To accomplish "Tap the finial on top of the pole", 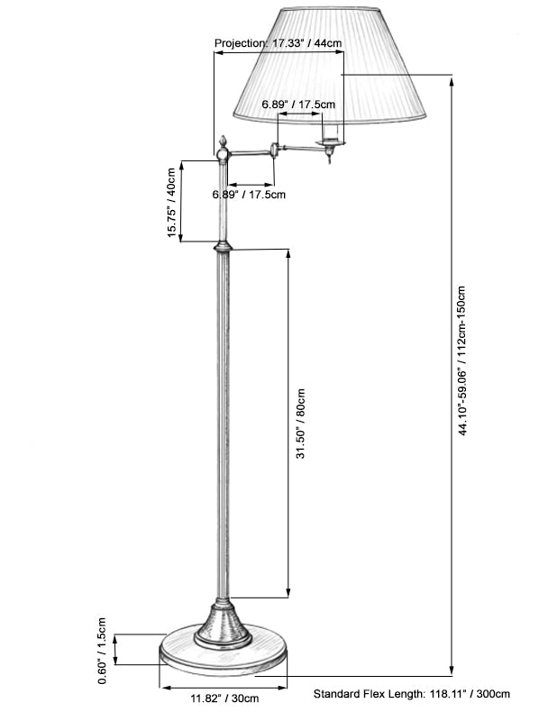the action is (221, 145).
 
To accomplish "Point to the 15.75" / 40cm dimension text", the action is (170, 201).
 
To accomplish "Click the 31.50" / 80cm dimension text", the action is (301, 424).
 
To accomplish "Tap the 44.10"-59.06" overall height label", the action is (461, 360).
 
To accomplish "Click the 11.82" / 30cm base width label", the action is (224, 698).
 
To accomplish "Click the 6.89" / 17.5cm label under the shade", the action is (298, 105).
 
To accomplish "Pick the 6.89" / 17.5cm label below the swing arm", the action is (249, 194).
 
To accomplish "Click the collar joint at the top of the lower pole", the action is (222, 245).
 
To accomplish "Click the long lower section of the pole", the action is (222, 424).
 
